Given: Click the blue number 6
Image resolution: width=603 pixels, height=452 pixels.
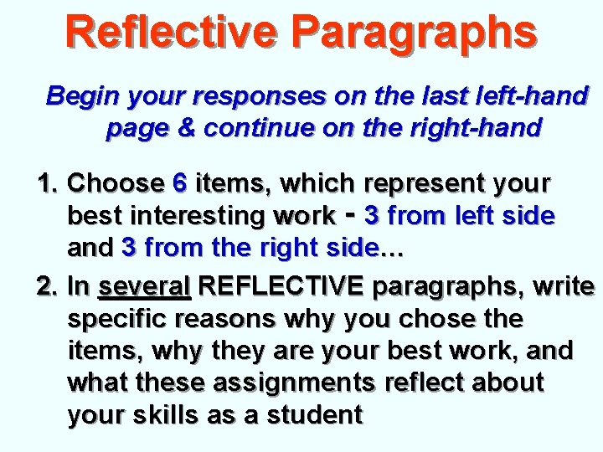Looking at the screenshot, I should pyautogui.click(x=179, y=182).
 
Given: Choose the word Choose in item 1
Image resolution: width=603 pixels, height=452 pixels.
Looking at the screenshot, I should pyautogui.click(x=116, y=182).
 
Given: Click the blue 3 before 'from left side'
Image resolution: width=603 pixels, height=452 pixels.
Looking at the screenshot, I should pyautogui.click(x=372, y=215).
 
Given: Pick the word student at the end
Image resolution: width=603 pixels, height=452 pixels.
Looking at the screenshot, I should pyautogui.click(x=313, y=413).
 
